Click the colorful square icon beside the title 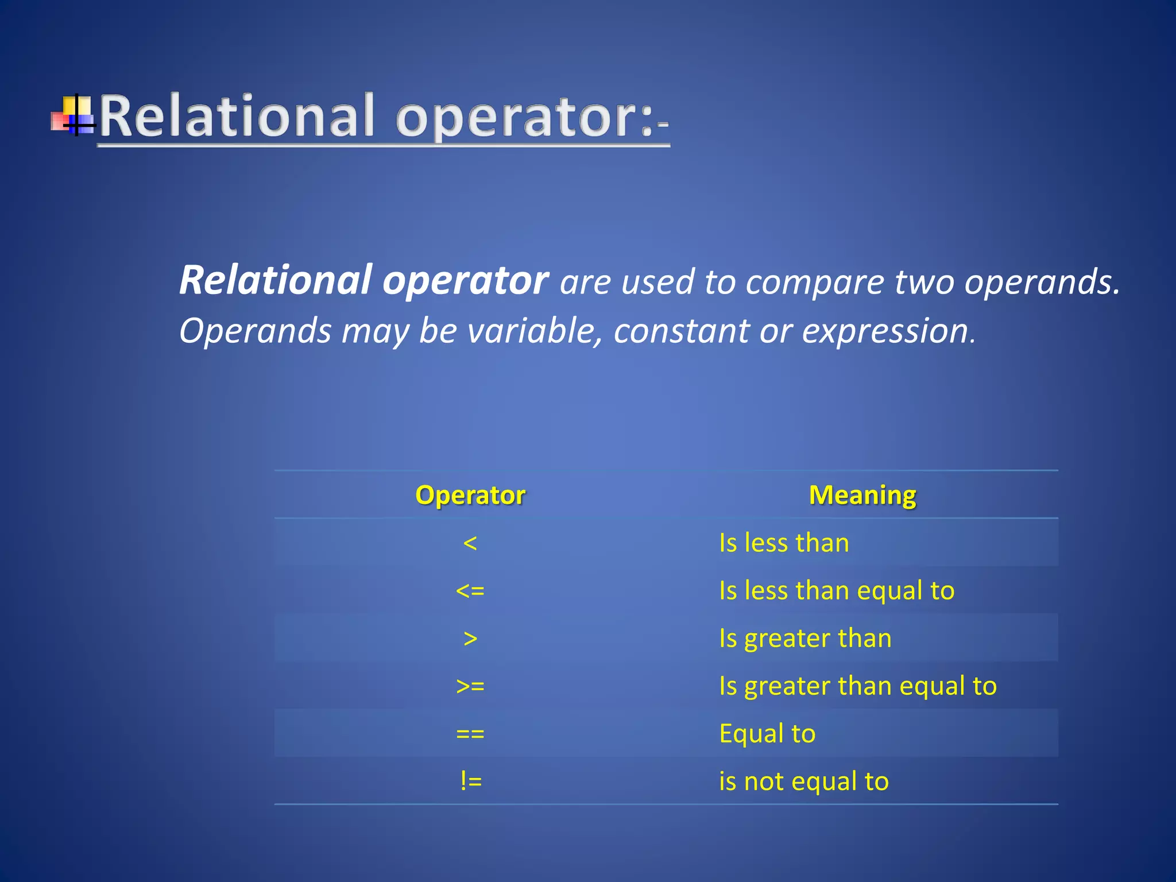pyautogui.click(x=73, y=115)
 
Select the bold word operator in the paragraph pyautogui.click(x=465, y=280)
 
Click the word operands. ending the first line pyautogui.click(x=1042, y=283)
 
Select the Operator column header pyautogui.click(x=470, y=495)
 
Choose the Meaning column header pyautogui.click(x=862, y=495)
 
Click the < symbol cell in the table pyautogui.click(x=470, y=543)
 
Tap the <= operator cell pyautogui.click(x=470, y=590)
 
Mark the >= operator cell pyautogui.click(x=470, y=686)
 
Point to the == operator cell pyautogui.click(x=470, y=733)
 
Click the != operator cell pyautogui.click(x=470, y=781)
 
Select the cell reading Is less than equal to pyautogui.click(x=837, y=590)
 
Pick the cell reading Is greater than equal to pyautogui.click(x=858, y=686)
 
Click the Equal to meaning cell pyautogui.click(x=767, y=733)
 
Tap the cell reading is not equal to pyautogui.click(x=804, y=781)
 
